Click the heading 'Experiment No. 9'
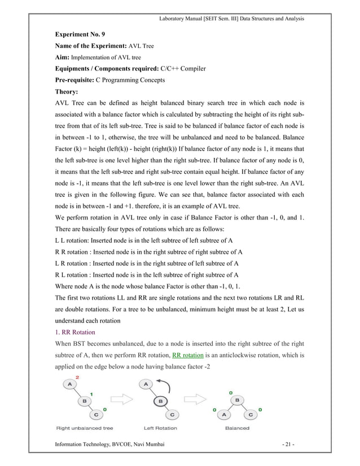pyautogui.click(x=79, y=34)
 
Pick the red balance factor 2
pyautogui.click(x=77, y=376)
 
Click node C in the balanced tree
pyautogui.click(x=251, y=415)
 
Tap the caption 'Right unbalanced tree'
pyautogui.click(x=84, y=428)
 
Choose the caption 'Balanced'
pyautogui.click(x=237, y=428)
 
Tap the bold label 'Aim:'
pyautogui.click(x=62, y=58)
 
